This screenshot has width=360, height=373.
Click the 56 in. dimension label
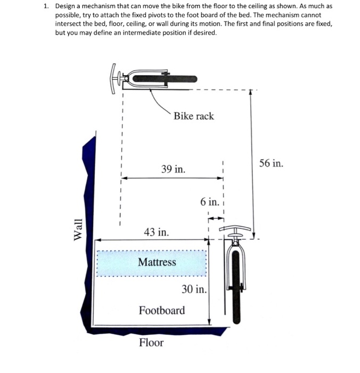pyautogui.click(x=271, y=163)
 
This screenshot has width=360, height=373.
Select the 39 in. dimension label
pyautogui.click(x=174, y=169)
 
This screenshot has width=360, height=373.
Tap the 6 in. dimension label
pyautogui.click(x=209, y=202)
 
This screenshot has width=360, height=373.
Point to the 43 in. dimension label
pyautogui.click(x=157, y=232)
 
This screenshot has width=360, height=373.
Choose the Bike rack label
pyautogui.click(x=193, y=116)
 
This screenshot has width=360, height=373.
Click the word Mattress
pyautogui.click(x=157, y=262)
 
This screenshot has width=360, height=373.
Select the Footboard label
pyautogui.click(x=162, y=310)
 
